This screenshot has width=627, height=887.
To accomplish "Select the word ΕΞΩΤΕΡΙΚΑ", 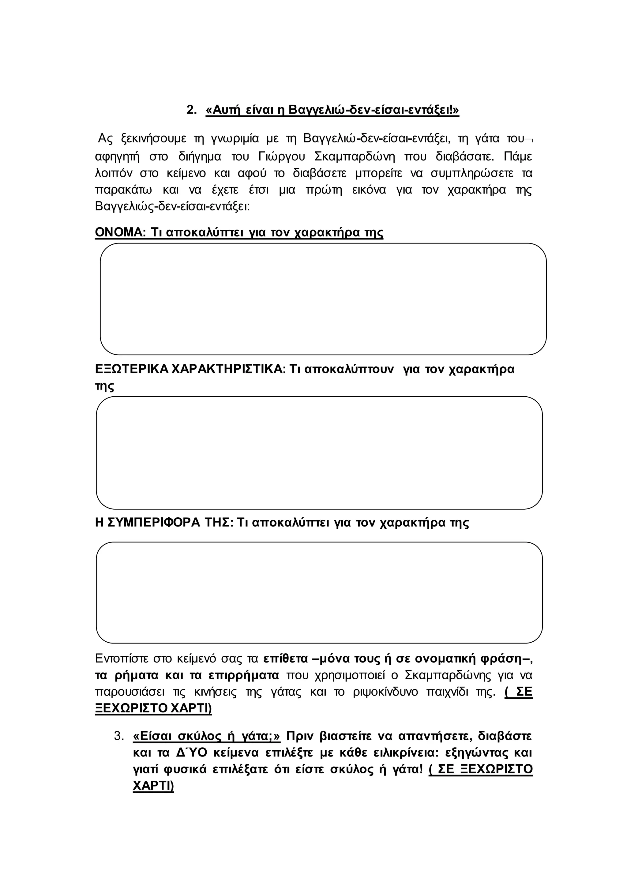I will click(131, 369).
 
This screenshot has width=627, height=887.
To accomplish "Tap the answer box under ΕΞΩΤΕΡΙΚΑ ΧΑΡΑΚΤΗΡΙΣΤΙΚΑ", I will click(319, 453).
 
